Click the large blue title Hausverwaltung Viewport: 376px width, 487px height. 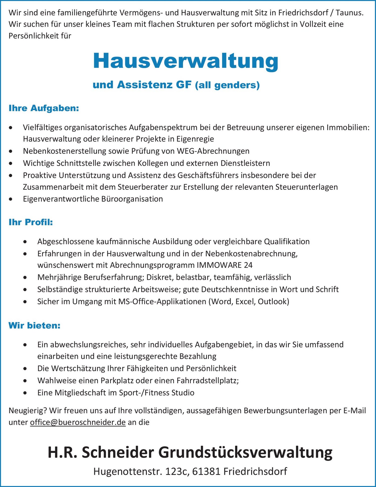point(185,61)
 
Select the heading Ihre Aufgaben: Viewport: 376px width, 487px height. point(44,108)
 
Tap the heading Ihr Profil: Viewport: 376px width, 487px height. point(31,222)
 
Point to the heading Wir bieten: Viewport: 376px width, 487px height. point(34,326)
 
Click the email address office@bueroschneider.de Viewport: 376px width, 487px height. point(78,422)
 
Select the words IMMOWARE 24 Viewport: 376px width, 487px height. point(225,265)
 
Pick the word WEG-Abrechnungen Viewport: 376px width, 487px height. point(213,151)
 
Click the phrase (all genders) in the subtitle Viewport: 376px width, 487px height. point(227,85)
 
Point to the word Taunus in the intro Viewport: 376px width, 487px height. point(349,13)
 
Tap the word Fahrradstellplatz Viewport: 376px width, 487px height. point(207,381)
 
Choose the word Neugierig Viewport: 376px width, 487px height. point(28,411)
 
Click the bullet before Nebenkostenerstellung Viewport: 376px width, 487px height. point(11,151)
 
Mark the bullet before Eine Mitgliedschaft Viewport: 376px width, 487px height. point(25,393)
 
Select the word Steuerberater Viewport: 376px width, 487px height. point(143,187)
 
